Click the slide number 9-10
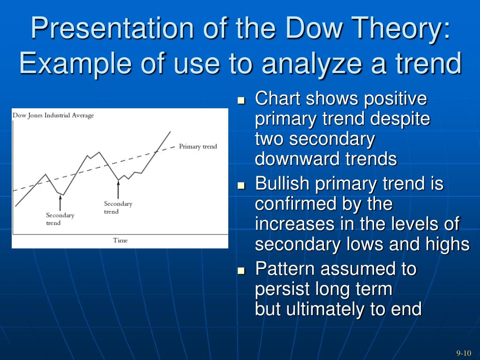pyautogui.click(x=464, y=353)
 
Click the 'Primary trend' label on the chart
pyautogui.click(x=198, y=146)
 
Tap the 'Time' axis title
pyautogui.click(x=120, y=240)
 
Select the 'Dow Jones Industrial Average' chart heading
pyautogui.click(x=53, y=115)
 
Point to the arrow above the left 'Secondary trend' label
pyautogui.click(x=60, y=202)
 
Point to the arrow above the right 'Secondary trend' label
pyautogui.click(x=118, y=189)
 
